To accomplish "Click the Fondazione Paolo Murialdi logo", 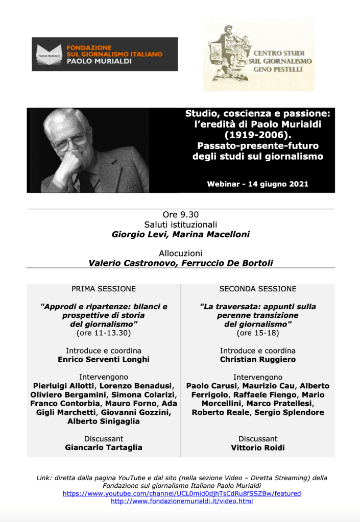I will tap(105, 54).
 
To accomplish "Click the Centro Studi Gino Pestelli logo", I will tap(258, 54).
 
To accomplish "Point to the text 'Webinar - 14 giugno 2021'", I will tap(257, 184).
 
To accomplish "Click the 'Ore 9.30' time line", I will tap(180, 215).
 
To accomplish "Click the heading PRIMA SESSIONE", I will tap(104, 289).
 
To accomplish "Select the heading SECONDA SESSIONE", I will tap(258, 289).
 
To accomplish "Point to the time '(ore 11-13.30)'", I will tap(104, 333).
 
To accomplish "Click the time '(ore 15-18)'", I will tap(258, 333).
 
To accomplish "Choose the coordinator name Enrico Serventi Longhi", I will tap(104, 359).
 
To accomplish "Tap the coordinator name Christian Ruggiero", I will tap(258, 359).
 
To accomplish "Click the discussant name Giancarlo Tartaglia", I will tap(104, 448).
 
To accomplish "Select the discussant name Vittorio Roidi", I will tap(258, 448).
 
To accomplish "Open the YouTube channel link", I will tap(182, 493).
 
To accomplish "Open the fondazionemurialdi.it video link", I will tap(182, 502).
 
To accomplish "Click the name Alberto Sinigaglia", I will tap(104, 421).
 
